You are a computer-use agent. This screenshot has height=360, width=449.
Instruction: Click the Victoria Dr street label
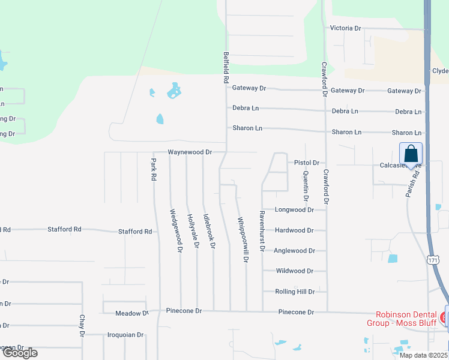[x=345, y=28]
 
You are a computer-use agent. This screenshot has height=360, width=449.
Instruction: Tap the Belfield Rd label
[x=226, y=67]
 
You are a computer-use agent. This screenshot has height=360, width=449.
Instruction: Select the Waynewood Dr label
[x=190, y=152]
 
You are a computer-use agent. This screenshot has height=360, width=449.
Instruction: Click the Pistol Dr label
[x=306, y=163]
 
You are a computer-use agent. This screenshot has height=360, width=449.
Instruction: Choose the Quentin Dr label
[x=306, y=186]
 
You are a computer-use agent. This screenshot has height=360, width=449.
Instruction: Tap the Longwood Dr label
[x=294, y=210]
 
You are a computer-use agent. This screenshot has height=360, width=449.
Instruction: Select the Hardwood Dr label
[x=294, y=230]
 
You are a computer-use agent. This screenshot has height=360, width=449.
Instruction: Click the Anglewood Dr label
[x=294, y=251]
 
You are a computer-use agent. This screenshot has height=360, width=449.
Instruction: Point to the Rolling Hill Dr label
[x=295, y=292]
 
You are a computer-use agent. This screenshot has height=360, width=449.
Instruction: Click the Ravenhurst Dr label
[x=262, y=231]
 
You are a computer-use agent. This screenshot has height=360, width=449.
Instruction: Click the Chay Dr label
[x=82, y=325]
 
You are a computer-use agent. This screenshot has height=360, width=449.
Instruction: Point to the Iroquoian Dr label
[x=125, y=335]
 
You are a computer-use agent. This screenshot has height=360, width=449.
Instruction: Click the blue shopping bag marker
[x=411, y=154]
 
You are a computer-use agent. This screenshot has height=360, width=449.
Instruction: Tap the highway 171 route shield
[x=433, y=259]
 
